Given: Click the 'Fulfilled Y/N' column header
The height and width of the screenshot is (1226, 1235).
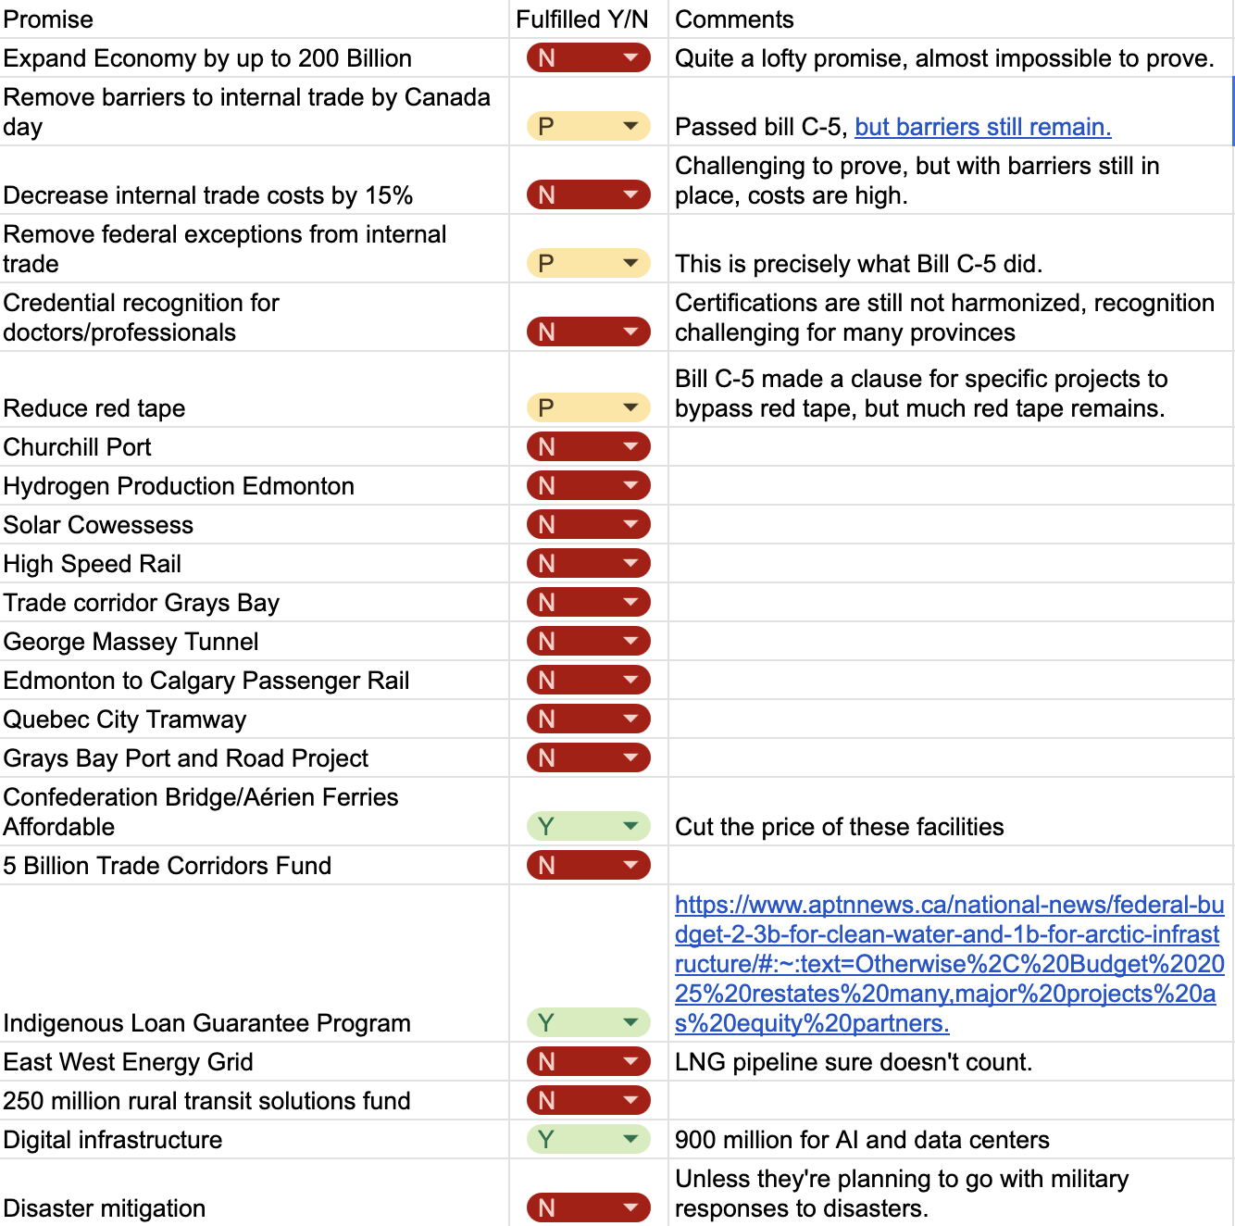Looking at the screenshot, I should (x=581, y=19).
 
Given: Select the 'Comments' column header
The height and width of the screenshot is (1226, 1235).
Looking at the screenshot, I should (x=734, y=19).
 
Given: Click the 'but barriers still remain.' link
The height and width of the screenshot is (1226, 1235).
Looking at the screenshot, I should (x=982, y=127).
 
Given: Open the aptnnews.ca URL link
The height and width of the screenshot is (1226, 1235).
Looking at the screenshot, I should (x=949, y=964).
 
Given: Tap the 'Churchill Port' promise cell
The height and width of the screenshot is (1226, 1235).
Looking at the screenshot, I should (x=78, y=447).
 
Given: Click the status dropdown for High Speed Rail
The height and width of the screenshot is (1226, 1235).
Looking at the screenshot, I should (x=588, y=563).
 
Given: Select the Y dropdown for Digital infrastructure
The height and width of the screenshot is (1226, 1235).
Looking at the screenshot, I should (x=588, y=1139).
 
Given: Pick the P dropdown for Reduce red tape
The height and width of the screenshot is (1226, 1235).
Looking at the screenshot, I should (x=588, y=407).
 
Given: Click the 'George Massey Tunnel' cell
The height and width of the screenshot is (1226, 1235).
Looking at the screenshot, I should (x=131, y=642).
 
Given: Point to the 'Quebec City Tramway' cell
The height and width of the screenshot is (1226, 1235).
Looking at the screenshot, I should (x=125, y=719).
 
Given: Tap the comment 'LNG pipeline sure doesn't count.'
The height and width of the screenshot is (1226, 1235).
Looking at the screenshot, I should (x=853, y=1062).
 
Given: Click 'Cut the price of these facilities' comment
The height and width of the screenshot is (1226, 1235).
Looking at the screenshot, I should (x=839, y=827).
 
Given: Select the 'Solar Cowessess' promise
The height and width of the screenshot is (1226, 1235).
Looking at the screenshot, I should (x=98, y=525).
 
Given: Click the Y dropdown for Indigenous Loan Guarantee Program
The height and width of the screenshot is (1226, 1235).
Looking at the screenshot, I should (x=588, y=1022).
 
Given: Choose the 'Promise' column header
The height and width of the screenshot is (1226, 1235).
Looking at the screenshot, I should (x=48, y=19).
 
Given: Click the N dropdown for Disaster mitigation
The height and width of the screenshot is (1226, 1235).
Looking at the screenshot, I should (x=588, y=1207).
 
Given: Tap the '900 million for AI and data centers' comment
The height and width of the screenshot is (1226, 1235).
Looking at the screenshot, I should (x=862, y=1140).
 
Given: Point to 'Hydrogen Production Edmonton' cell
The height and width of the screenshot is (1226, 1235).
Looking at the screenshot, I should (x=179, y=486).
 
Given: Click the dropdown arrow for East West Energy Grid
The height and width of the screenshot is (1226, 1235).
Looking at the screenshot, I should (x=630, y=1061).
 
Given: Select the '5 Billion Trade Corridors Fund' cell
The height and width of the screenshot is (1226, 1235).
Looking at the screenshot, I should (x=168, y=866).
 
